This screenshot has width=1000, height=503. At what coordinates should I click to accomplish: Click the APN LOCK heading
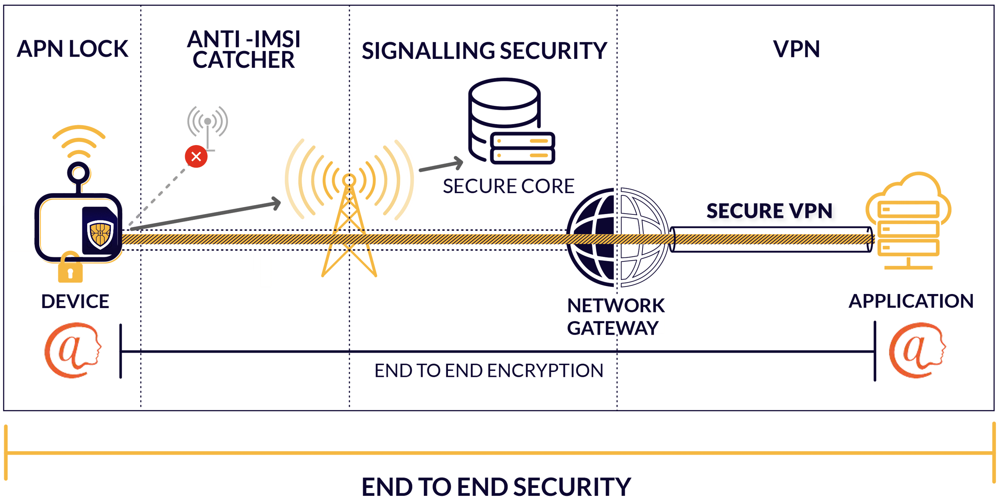[x=72, y=49]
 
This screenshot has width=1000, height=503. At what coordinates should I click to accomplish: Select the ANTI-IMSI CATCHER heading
[x=244, y=49]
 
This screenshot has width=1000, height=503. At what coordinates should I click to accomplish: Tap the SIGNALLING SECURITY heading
[x=484, y=51]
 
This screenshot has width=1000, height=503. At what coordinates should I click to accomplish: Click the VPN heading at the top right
[x=796, y=49]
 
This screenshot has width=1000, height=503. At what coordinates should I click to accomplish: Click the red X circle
[x=196, y=157]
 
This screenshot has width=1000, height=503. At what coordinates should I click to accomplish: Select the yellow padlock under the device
[x=70, y=267]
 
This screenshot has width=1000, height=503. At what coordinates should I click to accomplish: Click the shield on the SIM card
[x=100, y=234]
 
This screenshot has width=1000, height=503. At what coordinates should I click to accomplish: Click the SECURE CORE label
[x=509, y=186]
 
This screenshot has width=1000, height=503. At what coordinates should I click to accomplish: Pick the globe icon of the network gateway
[x=617, y=237]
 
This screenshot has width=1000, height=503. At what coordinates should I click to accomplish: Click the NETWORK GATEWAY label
[x=616, y=317]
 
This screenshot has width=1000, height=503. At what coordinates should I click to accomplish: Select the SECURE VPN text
[x=770, y=211]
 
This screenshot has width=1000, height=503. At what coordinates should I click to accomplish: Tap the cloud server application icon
[x=908, y=220]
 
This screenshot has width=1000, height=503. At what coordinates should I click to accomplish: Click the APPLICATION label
[x=911, y=301]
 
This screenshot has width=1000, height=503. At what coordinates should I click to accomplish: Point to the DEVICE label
[x=75, y=302]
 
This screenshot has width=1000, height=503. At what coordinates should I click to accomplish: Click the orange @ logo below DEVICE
[x=73, y=350]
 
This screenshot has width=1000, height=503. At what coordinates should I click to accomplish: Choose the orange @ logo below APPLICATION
[x=917, y=350]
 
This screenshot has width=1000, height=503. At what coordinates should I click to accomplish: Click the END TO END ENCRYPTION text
[x=489, y=371]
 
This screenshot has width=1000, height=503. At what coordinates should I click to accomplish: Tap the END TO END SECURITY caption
[x=496, y=487]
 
